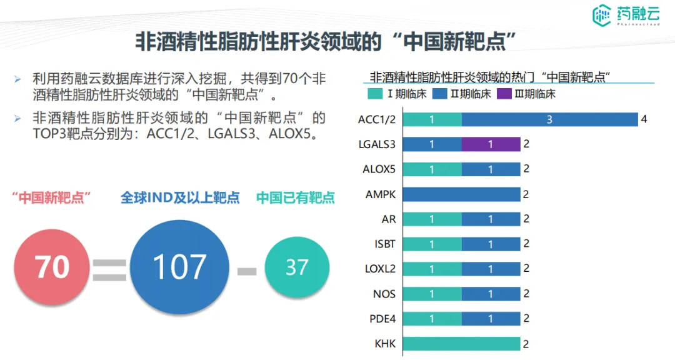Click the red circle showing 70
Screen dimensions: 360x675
pyautogui.click(x=52, y=267)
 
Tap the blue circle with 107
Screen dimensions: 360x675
pyautogui.click(x=179, y=267)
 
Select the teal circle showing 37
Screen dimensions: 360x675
pyautogui.click(x=297, y=267)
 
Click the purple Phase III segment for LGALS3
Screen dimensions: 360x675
pyautogui.click(x=491, y=144)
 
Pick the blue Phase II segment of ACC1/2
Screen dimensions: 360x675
pyautogui.click(x=549, y=119)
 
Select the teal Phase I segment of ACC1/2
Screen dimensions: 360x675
pyautogui.click(x=432, y=119)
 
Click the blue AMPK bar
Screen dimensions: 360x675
pyautogui.click(x=461, y=194)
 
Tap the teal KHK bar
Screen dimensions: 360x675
pyautogui.click(x=461, y=343)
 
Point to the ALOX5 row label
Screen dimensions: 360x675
pyautogui.click(x=379, y=169)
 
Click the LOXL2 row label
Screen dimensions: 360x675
pyautogui.click(x=380, y=269)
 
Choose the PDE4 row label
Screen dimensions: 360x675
pyautogui.click(x=382, y=319)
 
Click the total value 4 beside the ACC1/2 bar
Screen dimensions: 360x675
pyautogui.click(x=644, y=119)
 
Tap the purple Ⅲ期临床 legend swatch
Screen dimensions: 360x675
pyautogui.click(x=504, y=94)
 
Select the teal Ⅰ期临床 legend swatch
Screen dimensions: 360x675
pyautogui.click(x=376, y=94)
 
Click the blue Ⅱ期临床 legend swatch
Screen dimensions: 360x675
pyautogui.click(x=439, y=94)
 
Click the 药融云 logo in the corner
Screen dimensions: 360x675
pyautogui.click(x=628, y=16)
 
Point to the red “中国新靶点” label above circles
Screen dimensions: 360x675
pyautogui.click(x=52, y=198)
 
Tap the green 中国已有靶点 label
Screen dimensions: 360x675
pyautogui.click(x=296, y=198)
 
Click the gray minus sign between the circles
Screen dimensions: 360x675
pyautogui.click(x=247, y=271)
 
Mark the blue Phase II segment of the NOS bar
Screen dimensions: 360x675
pyautogui.click(x=491, y=294)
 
